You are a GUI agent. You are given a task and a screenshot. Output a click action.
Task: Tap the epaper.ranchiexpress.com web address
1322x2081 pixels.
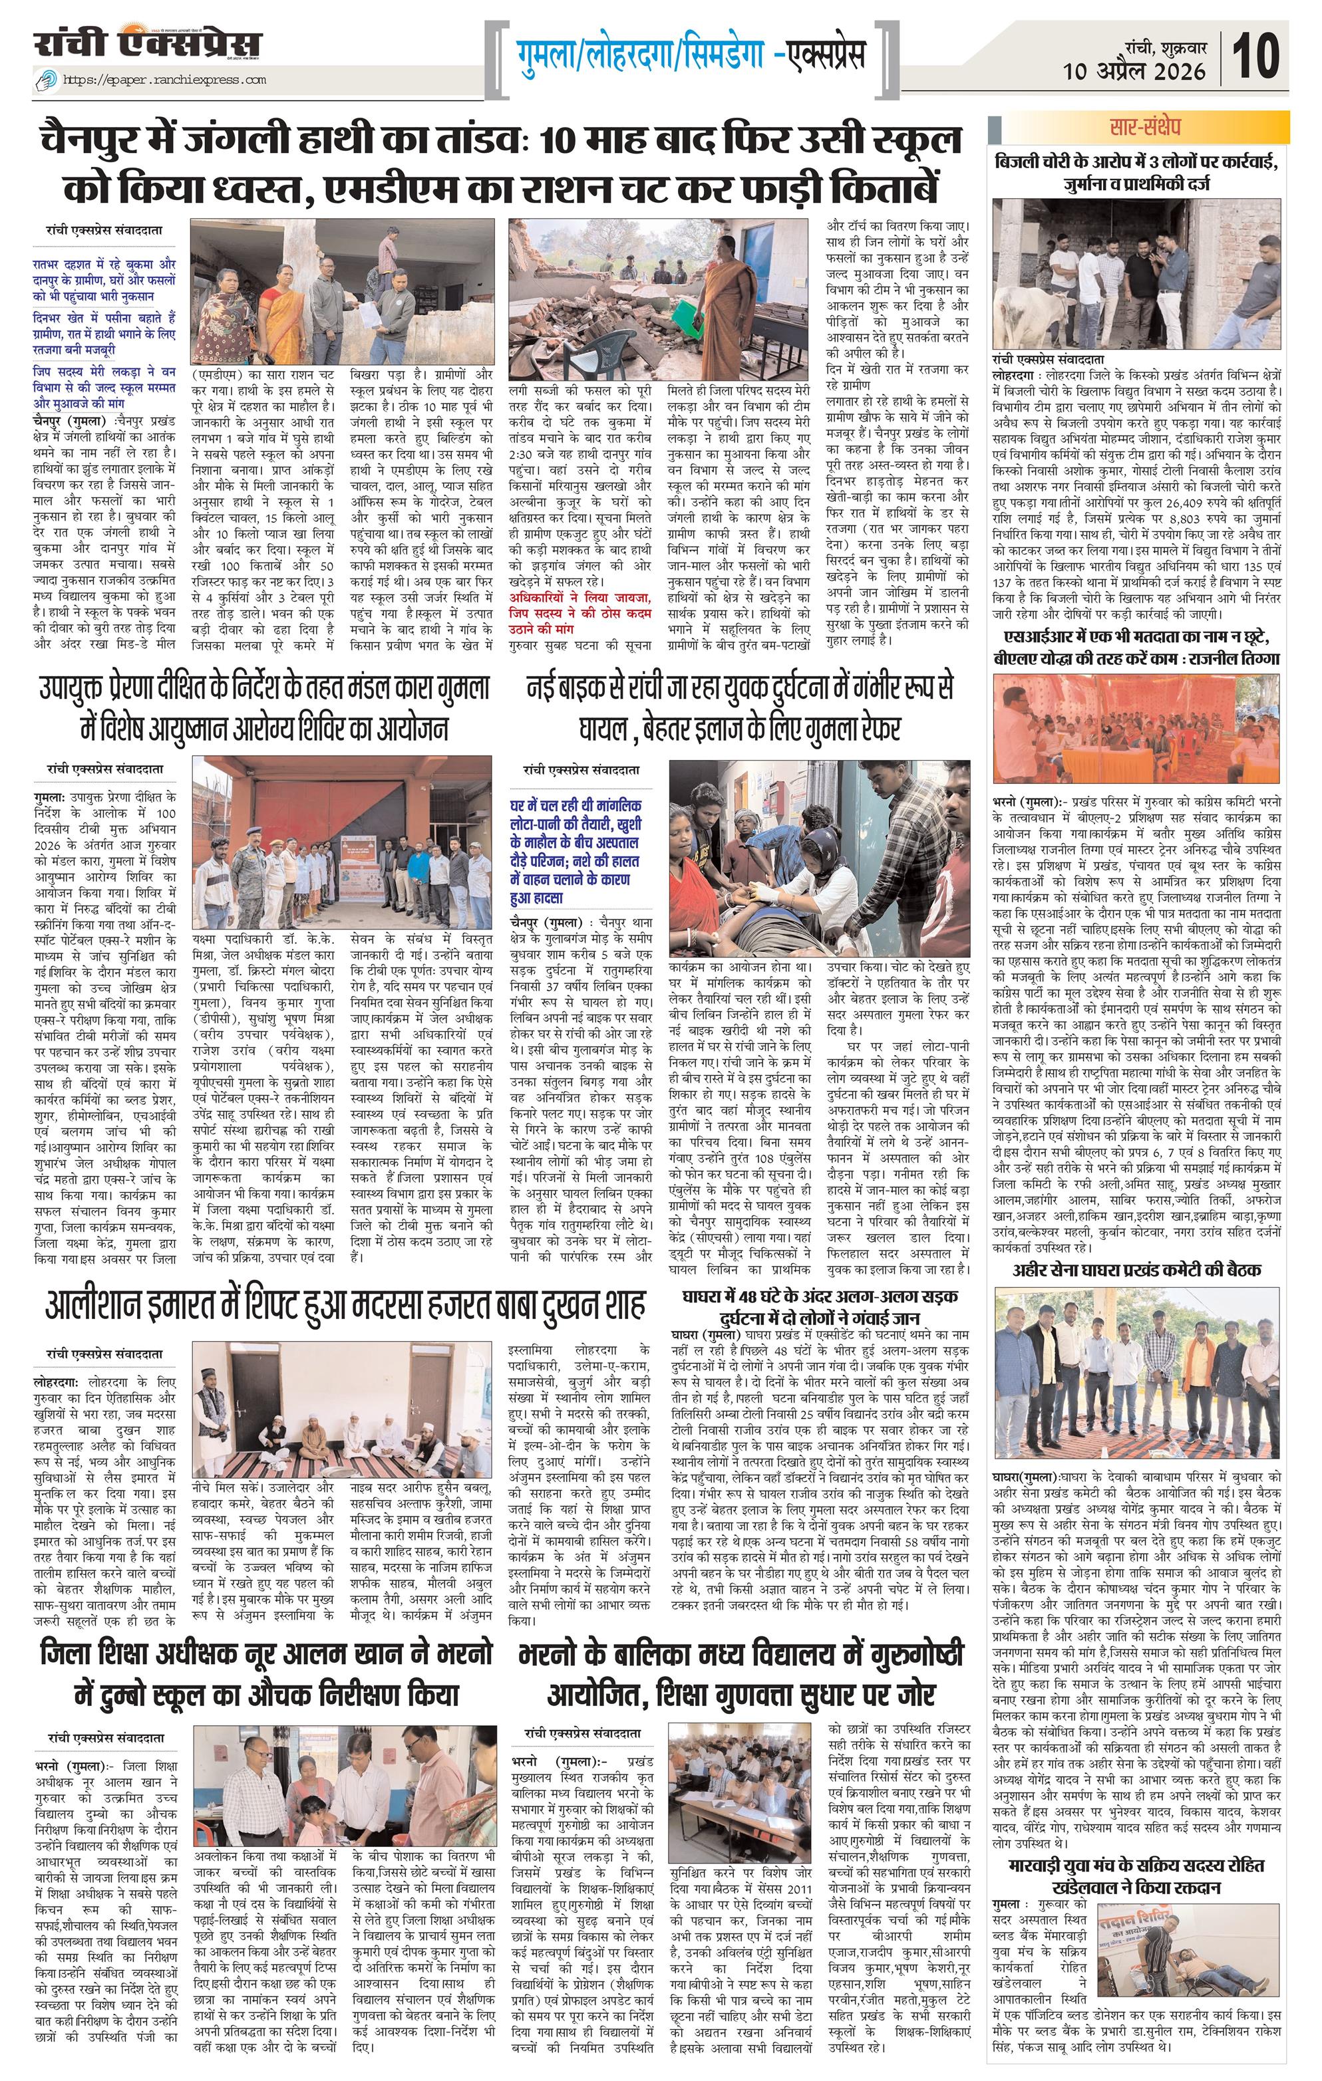point(164,80)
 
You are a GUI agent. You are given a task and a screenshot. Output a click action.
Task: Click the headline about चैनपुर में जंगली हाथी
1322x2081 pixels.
point(502,164)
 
